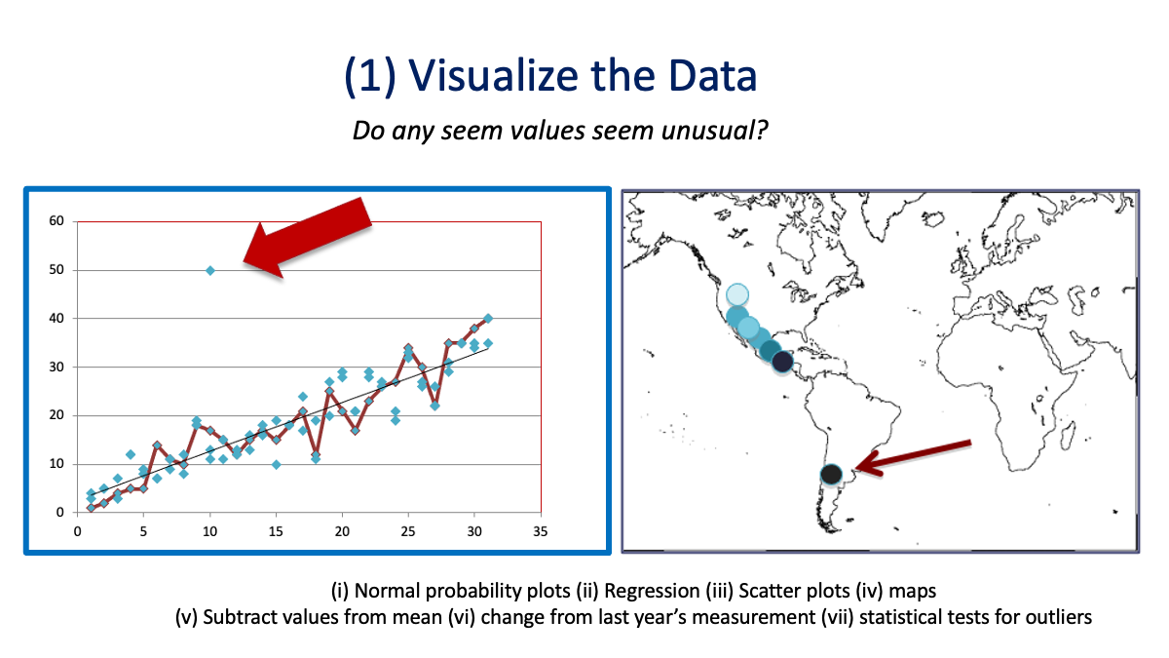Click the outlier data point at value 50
pyautogui.click(x=209, y=271)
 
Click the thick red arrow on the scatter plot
pyautogui.click(x=307, y=238)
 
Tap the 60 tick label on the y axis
pyautogui.click(x=57, y=221)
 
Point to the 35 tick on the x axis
pyautogui.click(x=541, y=531)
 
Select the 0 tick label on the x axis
pyautogui.click(x=77, y=531)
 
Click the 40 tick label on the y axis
pyautogui.click(x=57, y=318)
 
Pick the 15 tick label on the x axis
pyautogui.click(x=276, y=531)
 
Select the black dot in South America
pyautogui.click(x=831, y=475)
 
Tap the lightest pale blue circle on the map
pyautogui.click(x=737, y=294)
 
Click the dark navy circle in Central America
pyautogui.click(x=782, y=362)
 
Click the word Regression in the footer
pyautogui.click(x=652, y=591)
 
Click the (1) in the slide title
pyautogui.click(x=369, y=77)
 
